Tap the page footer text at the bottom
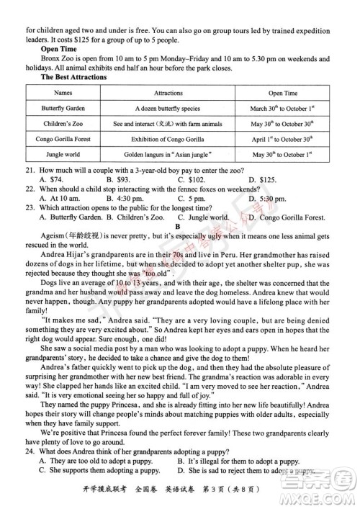click(x=179, y=492)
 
